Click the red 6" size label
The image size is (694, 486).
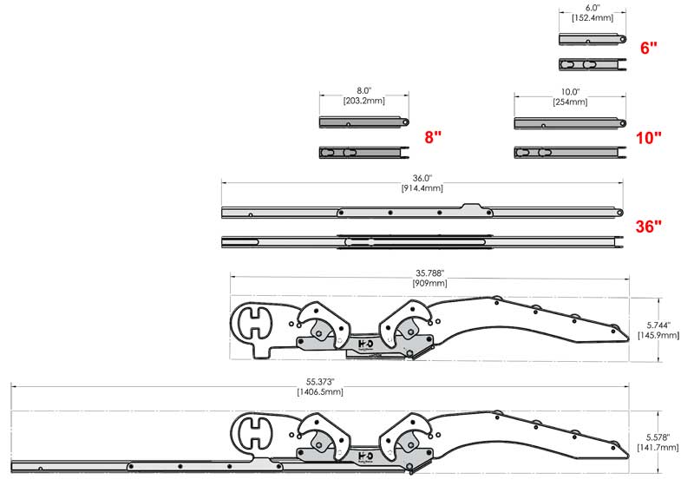tap(649, 49)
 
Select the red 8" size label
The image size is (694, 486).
tap(433, 137)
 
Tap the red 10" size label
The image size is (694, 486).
tap(648, 137)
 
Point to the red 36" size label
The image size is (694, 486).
tap(648, 227)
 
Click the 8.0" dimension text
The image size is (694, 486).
tap(364, 90)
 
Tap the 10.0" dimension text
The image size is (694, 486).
tap(570, 90)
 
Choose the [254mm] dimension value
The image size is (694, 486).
tap(570, 102)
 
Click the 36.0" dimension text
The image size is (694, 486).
tap(422, 177)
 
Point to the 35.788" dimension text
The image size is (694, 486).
tap(430, 272)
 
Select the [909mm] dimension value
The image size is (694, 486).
tap(430, 283)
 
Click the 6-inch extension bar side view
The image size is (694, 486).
tap(593, 39)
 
